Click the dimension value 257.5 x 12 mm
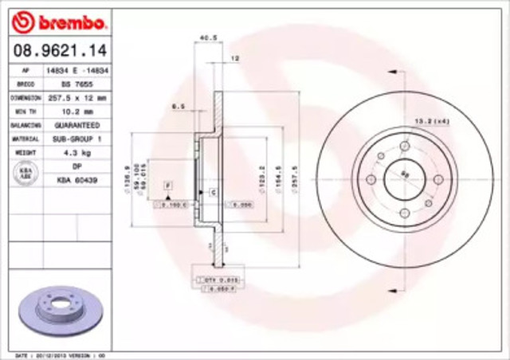(76, 96)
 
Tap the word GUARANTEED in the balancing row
(76, 125)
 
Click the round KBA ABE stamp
(23, 172)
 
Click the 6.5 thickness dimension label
(178, 105)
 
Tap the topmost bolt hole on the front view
(404, 147)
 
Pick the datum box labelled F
(168, 185)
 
